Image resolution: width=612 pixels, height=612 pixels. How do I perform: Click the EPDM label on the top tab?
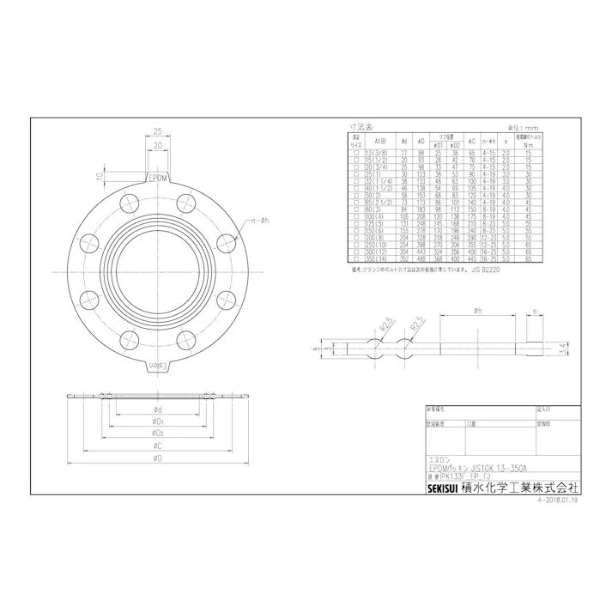coord(158,179)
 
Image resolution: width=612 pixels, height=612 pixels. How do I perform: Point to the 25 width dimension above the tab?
coord(158,131)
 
